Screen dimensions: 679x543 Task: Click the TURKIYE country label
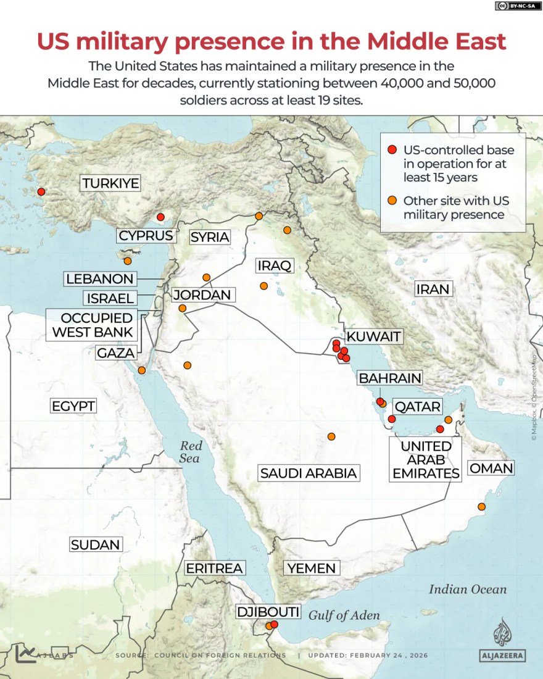click(110, 183)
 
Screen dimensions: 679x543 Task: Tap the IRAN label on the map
click(433, 289)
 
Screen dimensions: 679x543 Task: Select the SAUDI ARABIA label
click(309, 473)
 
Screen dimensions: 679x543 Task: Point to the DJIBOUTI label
click(268, 612)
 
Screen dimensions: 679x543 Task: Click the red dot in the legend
click(392, 150)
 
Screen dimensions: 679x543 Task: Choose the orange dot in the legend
click(392, 201)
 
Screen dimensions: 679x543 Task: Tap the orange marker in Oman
click(481, 507)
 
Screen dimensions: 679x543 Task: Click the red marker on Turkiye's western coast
click(41, 192)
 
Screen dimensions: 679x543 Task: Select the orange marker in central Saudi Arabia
click(331, 437)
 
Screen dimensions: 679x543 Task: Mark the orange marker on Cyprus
click(128, 261)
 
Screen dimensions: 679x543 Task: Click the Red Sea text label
click(190, 452)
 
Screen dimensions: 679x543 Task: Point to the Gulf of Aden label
click(344, 615)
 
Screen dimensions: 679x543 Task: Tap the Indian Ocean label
click(467, 589)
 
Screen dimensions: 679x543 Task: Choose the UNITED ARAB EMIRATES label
click(426, 460)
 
